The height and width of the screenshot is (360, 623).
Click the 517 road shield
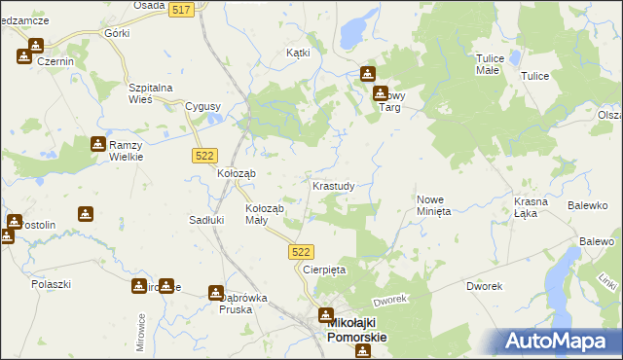click(x=179, y=9)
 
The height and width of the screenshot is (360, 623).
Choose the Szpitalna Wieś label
click(x=151, y=93)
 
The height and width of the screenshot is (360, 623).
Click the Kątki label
click(x=298, y=53)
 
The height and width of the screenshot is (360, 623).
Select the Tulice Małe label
click(x=488, y=64)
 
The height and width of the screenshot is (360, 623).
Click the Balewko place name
click(x=587, y=206)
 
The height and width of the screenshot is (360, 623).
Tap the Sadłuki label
click(x=206, y=220)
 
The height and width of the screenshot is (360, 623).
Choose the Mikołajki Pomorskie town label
click(x=353, y=331)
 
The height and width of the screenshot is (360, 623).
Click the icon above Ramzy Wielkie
click(x=98, y=145)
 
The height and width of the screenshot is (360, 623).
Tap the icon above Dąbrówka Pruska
click(x=216, y=292)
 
